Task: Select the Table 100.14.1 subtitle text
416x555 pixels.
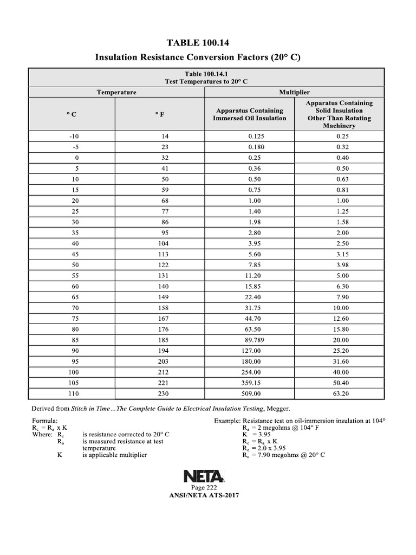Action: tap(207, 77)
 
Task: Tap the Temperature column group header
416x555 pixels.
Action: tap(116, 92)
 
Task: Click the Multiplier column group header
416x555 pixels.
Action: tap(294, 92)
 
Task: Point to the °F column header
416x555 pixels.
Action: tap(160, 114)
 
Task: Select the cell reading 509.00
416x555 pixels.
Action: tap(251, 393)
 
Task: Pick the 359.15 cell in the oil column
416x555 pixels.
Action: tap(251, 383)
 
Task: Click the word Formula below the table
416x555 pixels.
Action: tap(45, 421)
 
